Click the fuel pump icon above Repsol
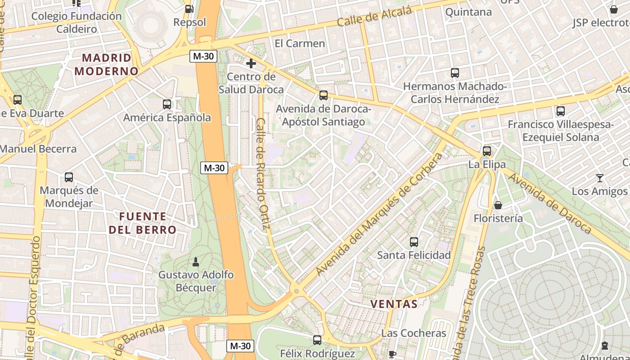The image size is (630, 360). coord(189,9)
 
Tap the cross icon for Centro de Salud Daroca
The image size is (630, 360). coord(251,63)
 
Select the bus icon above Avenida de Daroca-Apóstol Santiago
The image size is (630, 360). coord(323,95)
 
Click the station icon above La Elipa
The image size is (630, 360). coord(486,151)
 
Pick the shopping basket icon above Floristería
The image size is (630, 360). coord(498,205)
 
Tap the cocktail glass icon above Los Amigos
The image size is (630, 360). coord(599,178)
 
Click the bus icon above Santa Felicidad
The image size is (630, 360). coord(414,242)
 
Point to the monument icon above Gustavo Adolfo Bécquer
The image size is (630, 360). coord(196,261)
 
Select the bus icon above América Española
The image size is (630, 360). coord(167,104)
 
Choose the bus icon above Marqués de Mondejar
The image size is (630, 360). coord(69,177)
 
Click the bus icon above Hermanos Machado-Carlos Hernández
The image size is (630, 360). coord(455,73)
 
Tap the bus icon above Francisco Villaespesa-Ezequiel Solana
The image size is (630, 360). coord(560,111)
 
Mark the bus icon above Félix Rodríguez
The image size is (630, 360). coord(317,340)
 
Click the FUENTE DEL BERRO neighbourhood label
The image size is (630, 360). coord(143,223)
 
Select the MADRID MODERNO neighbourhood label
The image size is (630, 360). coord(107,64)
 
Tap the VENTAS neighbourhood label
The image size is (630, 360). coord(394,304)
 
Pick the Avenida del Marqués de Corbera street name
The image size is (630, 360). coord(380,214)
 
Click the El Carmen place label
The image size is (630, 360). coord(300,44)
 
